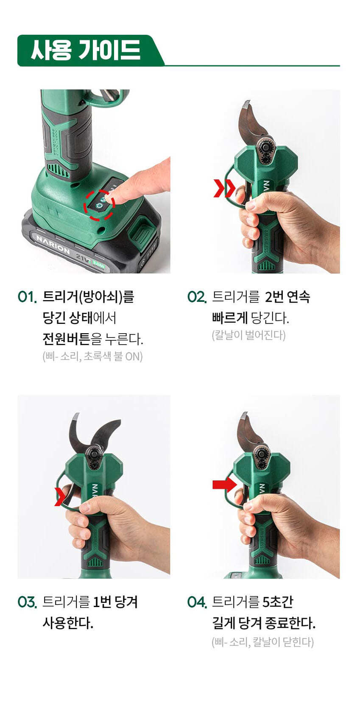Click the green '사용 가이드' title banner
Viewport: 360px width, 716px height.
89,50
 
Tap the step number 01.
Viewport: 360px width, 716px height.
27,297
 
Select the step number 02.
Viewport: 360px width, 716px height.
197,297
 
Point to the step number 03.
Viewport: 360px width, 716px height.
28,602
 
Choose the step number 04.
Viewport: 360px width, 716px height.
197,602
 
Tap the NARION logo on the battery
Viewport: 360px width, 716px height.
53,245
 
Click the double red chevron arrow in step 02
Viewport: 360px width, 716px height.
224,188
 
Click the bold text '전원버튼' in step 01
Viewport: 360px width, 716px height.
66,339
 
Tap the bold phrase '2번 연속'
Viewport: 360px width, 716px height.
287,297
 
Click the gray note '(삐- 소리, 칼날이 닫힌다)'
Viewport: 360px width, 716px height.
262,641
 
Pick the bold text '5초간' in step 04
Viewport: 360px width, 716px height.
277,602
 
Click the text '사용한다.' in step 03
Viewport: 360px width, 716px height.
68,623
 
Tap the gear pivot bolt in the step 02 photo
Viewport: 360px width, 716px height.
266,147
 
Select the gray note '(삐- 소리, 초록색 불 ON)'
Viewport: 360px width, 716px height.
93,356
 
